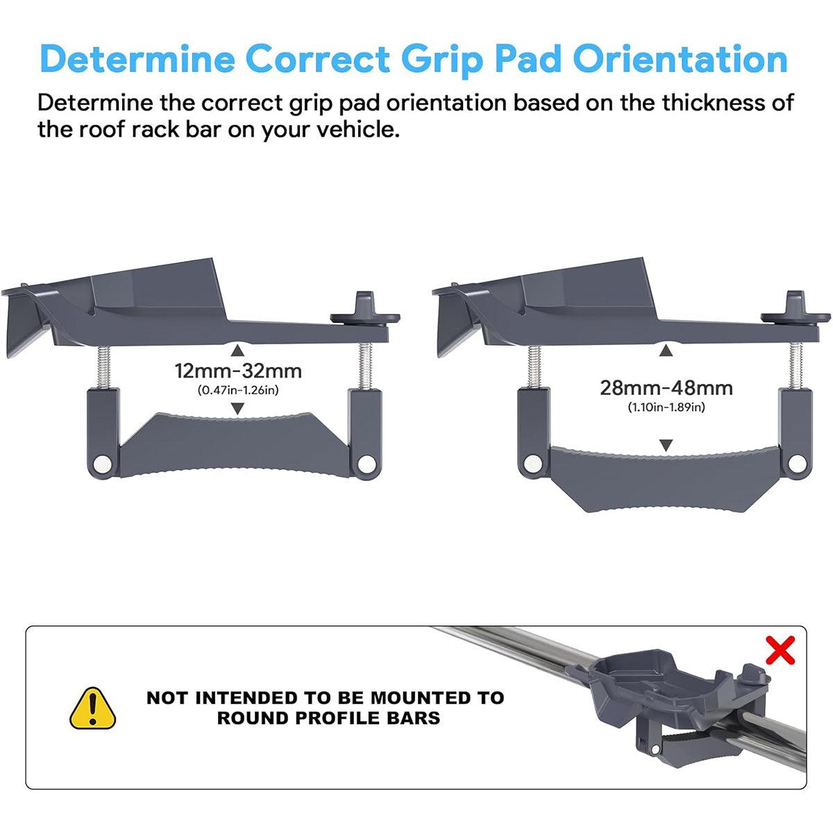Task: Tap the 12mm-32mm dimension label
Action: [x=238, y=371]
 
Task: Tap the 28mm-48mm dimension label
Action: [x=666, y=387]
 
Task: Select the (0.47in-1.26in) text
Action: [x=238, y=390]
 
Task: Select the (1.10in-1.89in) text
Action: [x=666, y=407]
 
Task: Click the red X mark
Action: [x=780, y=650]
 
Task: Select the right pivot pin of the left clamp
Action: [x=364, y=464]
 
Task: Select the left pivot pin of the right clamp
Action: [x=533, y=464]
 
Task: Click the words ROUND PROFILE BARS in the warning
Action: [x=328, y=718]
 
